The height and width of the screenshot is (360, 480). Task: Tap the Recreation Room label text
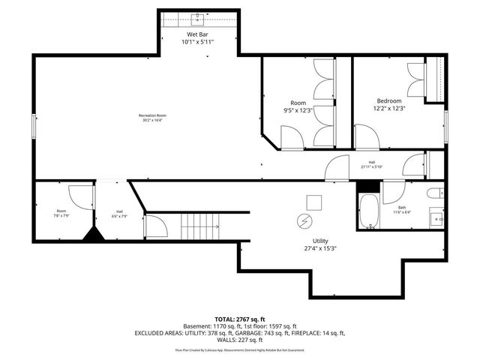tap(151, 115)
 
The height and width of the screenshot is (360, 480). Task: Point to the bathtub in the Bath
tap(367, 211)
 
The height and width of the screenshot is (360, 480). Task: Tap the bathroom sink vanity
tap(437, 219)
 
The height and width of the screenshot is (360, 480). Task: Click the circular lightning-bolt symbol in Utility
tap(304, 222)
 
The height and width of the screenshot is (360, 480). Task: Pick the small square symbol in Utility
tap(313, 201)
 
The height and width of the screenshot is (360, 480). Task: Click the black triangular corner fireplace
tap(94, 235)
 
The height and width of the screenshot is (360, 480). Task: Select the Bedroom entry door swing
tap(366, 136)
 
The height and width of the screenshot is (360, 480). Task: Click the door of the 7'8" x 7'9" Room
tap(78, 196)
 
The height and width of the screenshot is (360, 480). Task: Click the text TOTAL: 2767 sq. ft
tap(240, 319)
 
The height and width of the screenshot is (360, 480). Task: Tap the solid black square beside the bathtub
tap(366, 187)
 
